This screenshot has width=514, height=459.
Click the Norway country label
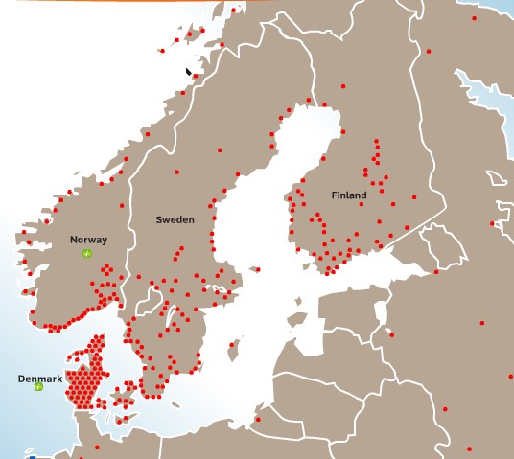(88, 240)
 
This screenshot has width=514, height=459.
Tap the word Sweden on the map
(175, 219)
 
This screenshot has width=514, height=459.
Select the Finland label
(349, 195)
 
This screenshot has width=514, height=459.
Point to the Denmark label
(40, 379)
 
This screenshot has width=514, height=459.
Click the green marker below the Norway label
(87, 253)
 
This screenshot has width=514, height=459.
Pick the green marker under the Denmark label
(38, 388)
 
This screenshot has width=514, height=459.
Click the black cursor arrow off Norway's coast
(189, 70)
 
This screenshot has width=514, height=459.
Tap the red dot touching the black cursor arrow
(195, 76)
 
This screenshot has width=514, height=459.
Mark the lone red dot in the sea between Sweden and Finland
(258, 269)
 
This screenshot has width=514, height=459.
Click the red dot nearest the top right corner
(474, 18)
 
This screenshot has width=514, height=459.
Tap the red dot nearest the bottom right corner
(469, 448)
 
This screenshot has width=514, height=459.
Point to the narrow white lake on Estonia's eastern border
(382, 312)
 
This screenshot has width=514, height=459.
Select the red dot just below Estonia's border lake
(391, 334)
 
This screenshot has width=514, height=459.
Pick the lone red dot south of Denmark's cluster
(96, 447)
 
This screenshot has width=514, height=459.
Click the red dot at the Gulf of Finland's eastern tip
(436, 272)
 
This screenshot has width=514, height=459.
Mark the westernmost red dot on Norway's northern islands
(163, 51)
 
